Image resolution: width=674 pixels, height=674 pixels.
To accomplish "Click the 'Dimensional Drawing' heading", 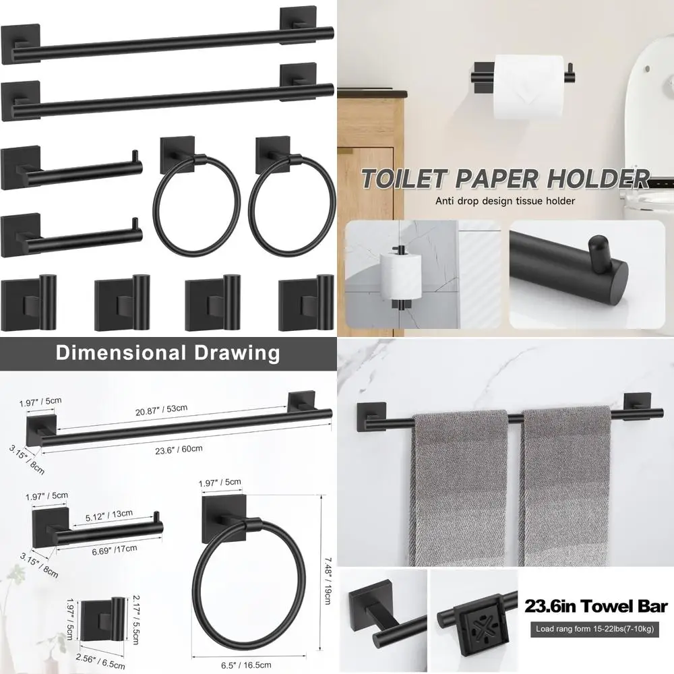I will (167, 352).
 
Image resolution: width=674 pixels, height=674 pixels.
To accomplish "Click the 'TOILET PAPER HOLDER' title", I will (504, 179).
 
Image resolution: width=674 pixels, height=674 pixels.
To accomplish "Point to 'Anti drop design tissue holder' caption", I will (505, 200).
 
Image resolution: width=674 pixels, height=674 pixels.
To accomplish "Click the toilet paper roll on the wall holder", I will (528, 86).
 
